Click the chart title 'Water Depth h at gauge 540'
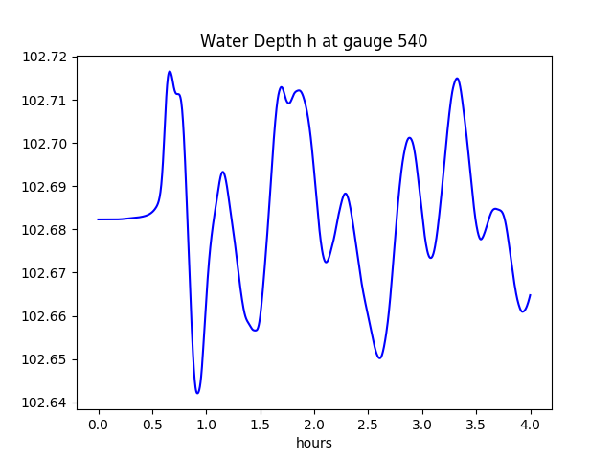coord(313,41)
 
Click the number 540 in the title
coord(412,41)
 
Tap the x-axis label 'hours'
coord(313,443)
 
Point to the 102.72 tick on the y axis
coord(44,57)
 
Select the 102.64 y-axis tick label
coord(44,402)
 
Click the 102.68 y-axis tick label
coord(44,230)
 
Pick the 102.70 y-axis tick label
coord(44,144)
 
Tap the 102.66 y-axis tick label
coord(44,316)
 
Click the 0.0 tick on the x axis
coord(99,424)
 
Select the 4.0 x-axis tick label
coord(531,424)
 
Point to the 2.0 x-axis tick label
coord(314,424)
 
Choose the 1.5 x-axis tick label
coord(261,424)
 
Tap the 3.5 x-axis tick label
coord(476,424)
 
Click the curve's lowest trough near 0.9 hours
coord(197,393)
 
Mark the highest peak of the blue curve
coord(170,71)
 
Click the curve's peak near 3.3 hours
coord(457,79)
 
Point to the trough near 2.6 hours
coord(380,358)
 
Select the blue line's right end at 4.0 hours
coord(530,295)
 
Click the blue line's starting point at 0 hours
coord(99,219)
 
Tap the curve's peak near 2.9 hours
coord(409,138)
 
